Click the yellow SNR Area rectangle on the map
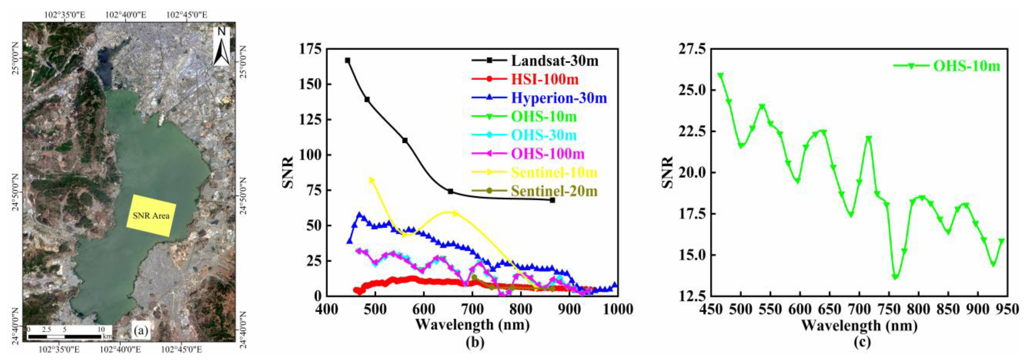151,215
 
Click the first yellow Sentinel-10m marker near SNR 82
372,180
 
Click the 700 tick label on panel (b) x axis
472,309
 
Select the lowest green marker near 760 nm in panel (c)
895,277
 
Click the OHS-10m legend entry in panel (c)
966,66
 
